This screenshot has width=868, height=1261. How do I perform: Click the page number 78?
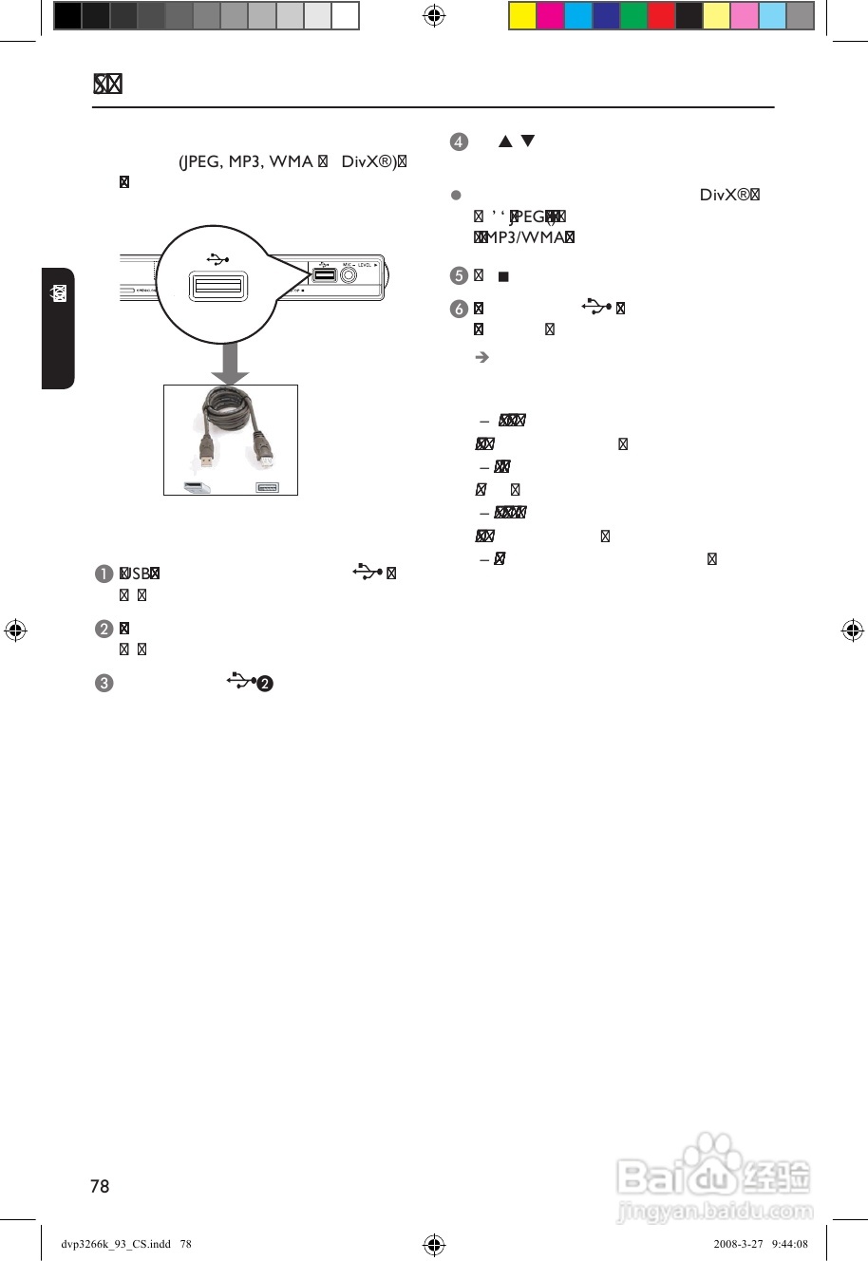pos(100,1186)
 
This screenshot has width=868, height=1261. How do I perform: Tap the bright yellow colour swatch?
pos(523,16)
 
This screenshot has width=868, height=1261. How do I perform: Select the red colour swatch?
pos(661,16)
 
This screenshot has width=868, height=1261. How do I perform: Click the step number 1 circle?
pos(104,574)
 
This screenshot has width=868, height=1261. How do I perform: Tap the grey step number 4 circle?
pos(459,142)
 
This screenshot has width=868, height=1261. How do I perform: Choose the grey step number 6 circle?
pos(459,309)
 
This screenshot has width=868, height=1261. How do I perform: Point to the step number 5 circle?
pos(459,276)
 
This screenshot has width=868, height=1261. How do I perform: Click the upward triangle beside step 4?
pos(505,141)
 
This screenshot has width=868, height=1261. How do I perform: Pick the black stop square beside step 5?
pos(503,276)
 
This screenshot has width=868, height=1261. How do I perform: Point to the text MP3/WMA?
pos(525,237)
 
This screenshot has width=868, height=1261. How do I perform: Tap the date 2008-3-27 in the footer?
pos(739,1244)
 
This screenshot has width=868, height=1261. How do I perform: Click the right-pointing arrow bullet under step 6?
pos(481,357)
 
